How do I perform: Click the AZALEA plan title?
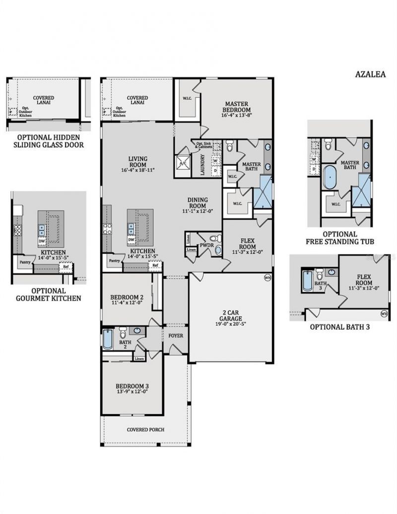[370, 74]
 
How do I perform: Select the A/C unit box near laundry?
[182, 162]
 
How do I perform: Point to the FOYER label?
[176, 336]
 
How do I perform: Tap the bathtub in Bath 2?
[108, 340]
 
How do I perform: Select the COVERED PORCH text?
[145, 430]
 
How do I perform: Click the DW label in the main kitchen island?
[132, 240]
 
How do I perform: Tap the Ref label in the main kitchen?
[155, 265]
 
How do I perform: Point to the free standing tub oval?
[329, 177]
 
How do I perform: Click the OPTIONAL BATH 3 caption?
[339, 327]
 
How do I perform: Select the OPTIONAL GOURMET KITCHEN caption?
[49, 295]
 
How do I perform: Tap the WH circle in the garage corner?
[267, 278]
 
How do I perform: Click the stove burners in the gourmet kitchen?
[18, 230]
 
